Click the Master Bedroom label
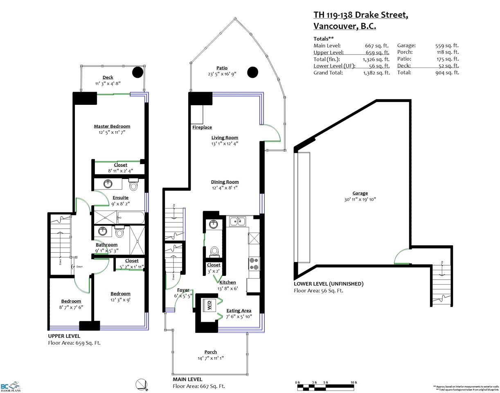(x=112, y=126)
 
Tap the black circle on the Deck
(x=138, y=72)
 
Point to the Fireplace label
(x=202, y=128)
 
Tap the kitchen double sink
(x=237, y=221)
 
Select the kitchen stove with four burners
(x=253, y=263)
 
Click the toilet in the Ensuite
(x=133, y=185)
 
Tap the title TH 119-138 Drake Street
(x=360, y=15)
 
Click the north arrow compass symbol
(x=141, y=384)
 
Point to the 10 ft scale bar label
(x=353, y=382)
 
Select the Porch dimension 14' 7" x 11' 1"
(x=210, y=358)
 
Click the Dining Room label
(x=225, y=182)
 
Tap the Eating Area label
(x=239, y=311)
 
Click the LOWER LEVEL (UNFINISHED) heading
(x=329, y=284)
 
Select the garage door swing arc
(x=401, y=257)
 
